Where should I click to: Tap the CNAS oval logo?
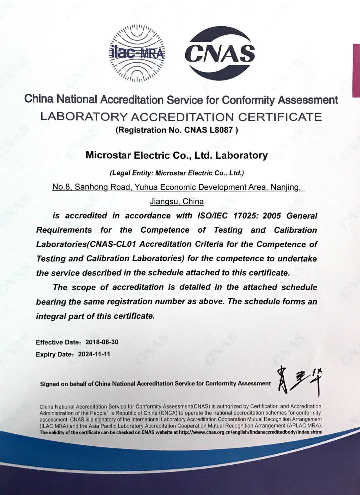(x=220, y=52)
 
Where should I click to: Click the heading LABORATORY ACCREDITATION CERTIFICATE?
(x=181, y=117)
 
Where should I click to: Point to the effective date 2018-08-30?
(x=102, y=342)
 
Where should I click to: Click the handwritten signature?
(x=299, y=381)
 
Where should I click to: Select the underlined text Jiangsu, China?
(x=177, y=201)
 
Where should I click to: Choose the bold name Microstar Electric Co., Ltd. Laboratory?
(x=177, y=155)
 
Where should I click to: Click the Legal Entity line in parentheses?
(x=177, y=173)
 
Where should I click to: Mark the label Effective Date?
(x=54, y=342)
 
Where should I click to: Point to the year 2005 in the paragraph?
(x=272, y=216)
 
